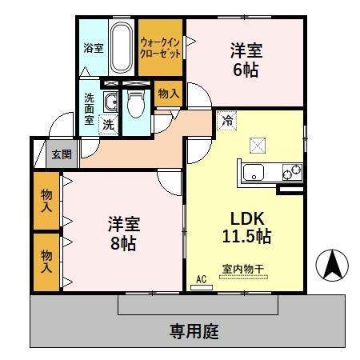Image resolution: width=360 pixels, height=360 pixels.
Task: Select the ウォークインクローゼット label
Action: (x=161, y=46)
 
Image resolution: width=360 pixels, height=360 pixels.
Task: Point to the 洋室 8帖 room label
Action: (x=122, y=233)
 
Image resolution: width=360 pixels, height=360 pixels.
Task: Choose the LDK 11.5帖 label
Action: (x=246, y=227)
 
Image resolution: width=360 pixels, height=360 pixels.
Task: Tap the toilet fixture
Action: (x=137, y=101)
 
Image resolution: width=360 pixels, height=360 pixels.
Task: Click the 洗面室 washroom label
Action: (x=89, y=110)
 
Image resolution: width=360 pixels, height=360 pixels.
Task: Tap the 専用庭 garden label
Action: (x=194, y=330)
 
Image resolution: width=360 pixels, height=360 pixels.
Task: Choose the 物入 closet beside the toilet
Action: (x=168, y=94)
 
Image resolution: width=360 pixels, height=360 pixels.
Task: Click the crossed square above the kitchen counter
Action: (x=257, y=144)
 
